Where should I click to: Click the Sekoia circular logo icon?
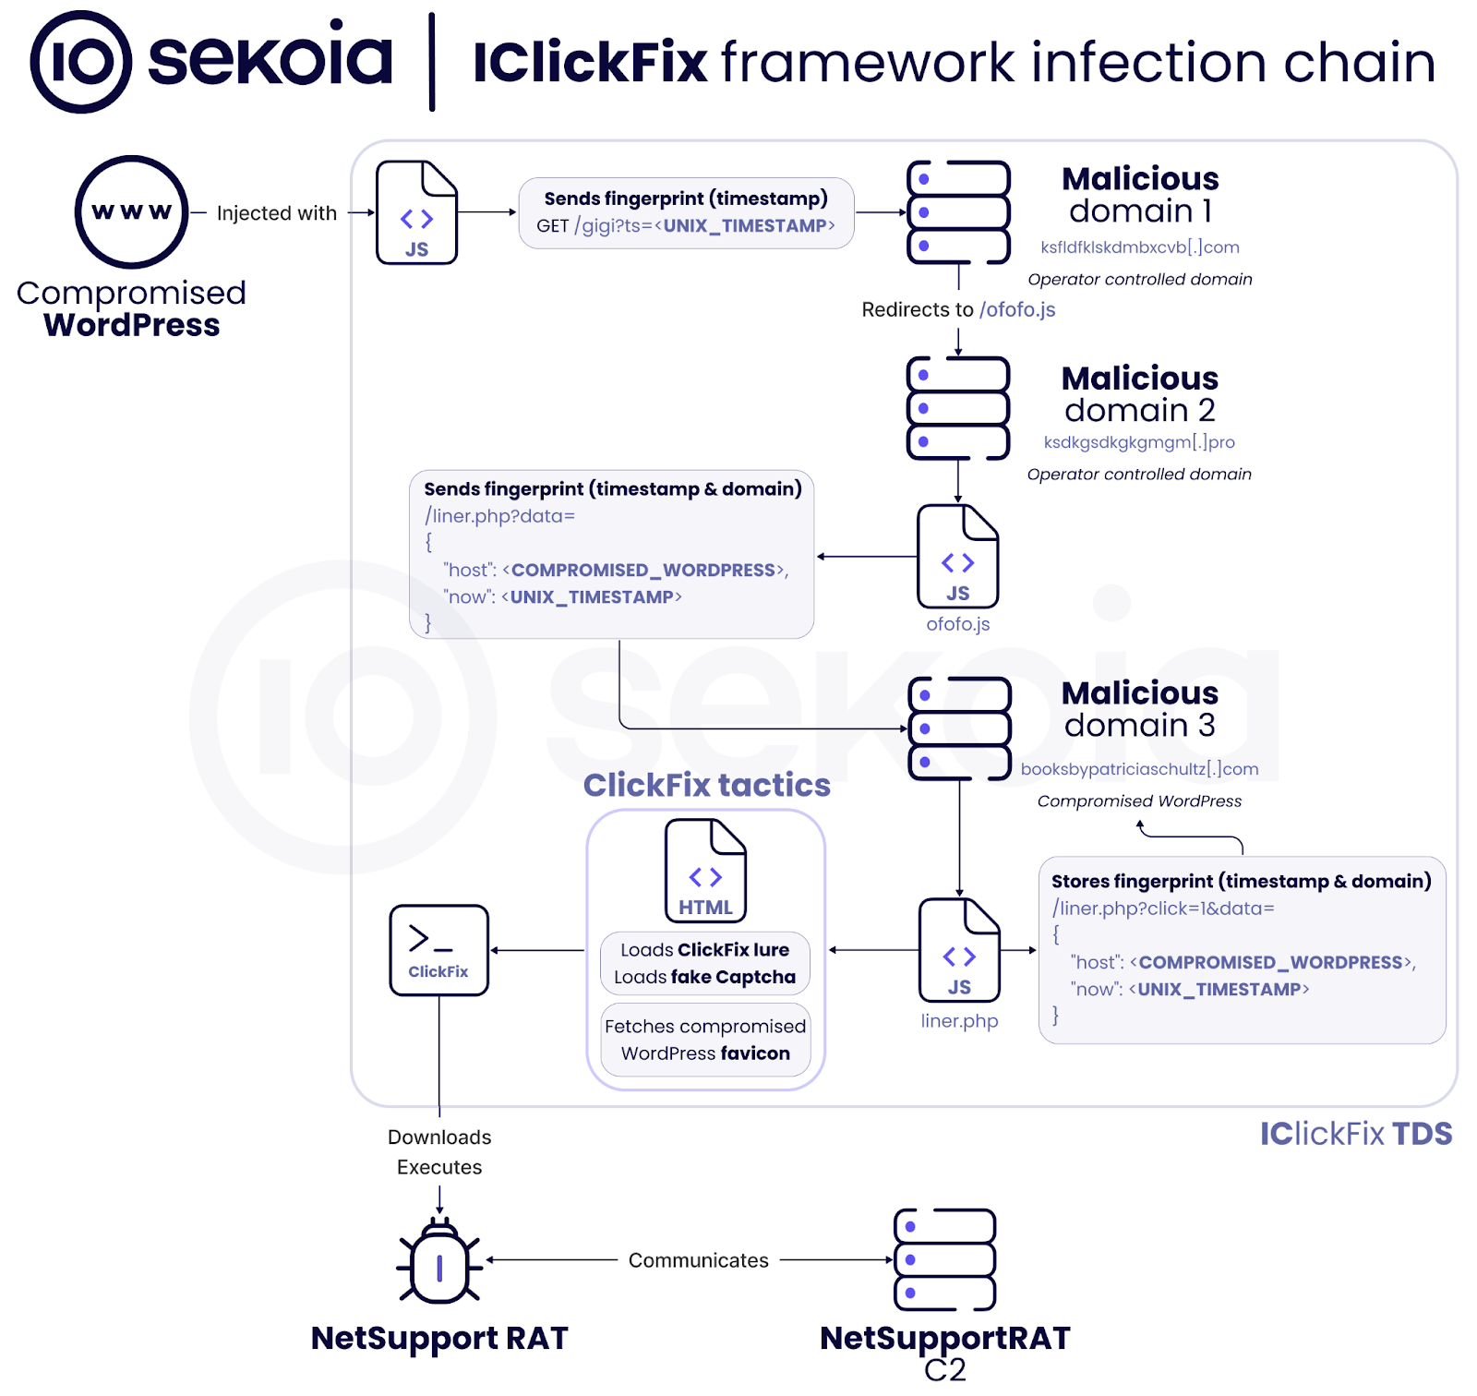(81, 62)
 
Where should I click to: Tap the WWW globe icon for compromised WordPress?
(131, 211)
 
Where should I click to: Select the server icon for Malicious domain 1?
(958, 212)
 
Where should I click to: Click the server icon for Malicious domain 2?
(958, 408)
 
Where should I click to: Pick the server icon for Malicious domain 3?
(959, 728)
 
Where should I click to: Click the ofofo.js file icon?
(957, 557)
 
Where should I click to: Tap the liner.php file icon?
(959, 951)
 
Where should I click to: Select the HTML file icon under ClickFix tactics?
(705, 871)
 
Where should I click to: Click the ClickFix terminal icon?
(438, 950)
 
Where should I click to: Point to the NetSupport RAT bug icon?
(439, 1261)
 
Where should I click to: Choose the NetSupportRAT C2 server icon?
(944, 1259)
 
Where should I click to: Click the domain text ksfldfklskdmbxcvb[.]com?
(1139, 247)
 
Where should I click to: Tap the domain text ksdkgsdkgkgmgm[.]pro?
(1139, 442)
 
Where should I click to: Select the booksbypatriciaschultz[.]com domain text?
(1139, 769)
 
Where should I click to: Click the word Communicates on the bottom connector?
(698, 1260)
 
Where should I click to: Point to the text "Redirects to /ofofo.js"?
(958, 309)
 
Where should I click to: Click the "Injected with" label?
(276, 213)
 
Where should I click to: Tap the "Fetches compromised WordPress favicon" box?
(705, 1040)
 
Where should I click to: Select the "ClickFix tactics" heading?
(706, 785)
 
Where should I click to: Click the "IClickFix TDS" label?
(1355, 1134)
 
